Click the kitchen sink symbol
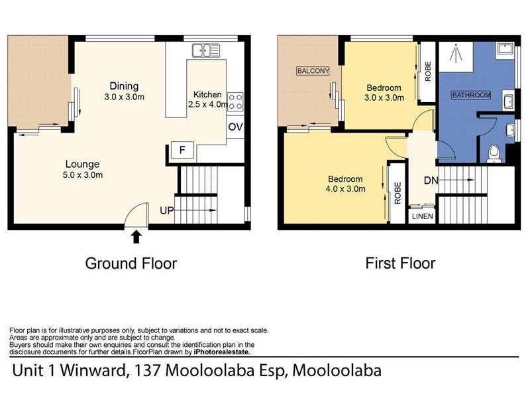pos(206,49)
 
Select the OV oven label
pos(235,127)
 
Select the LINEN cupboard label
pos(421,216)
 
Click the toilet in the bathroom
pos(493,153)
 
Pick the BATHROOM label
pos(471,96)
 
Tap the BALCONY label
pos(313,71)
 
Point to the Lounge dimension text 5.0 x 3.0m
pos(83,175)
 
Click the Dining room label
pos(124,86)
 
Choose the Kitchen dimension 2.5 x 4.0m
pos(209,104)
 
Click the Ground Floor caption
pos(131,263)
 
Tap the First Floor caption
pos(400,263)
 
